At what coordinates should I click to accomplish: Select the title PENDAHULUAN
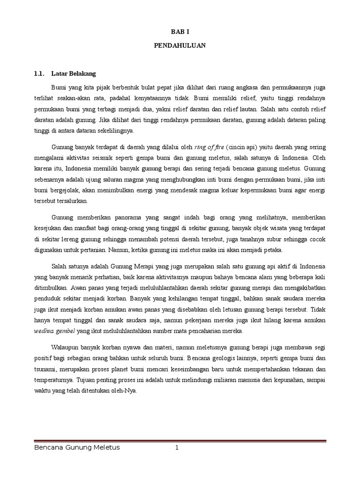pos(180,46)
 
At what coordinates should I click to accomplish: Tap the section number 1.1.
pos(39,73)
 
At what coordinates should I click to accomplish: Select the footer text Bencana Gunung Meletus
pos(77,448)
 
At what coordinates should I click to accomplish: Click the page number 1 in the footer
pos(177,448)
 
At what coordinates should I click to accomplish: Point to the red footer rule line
pos(180,441)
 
